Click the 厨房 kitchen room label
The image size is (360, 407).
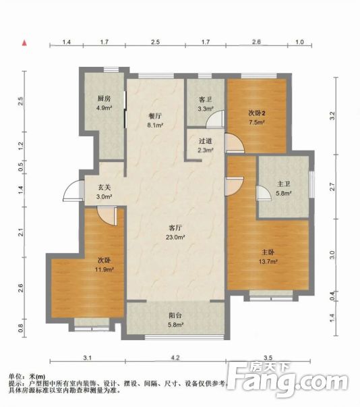coord(102,99)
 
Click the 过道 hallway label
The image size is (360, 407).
coord(206,141)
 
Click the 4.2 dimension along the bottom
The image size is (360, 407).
coord(175,358)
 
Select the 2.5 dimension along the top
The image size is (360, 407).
coord(155,43)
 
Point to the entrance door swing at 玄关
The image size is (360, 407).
coord(69,193)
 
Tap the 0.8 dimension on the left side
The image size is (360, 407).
coord(21,328)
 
